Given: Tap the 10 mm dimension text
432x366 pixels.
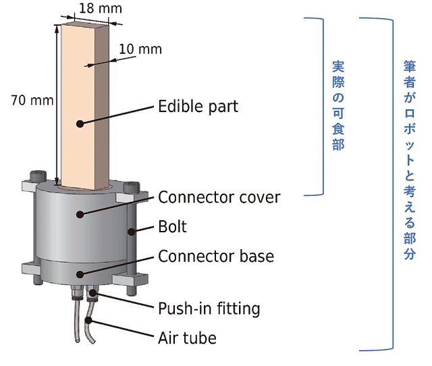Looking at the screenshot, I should tap(140, 49).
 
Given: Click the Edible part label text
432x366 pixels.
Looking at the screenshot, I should tap(198, 107).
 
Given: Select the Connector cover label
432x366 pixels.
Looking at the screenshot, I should tap(219, 197).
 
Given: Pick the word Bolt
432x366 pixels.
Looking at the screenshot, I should tap(172, 227).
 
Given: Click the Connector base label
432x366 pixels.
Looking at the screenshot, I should tap(216, 257).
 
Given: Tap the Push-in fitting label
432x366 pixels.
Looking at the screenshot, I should tap(209, 309).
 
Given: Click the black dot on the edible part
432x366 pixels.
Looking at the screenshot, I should tap(80, 124).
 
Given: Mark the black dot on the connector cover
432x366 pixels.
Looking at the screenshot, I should tap(80, 214).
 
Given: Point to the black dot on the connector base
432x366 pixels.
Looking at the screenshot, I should tap(80, 274).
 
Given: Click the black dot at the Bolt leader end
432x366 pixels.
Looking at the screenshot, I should tap(131, 232).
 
